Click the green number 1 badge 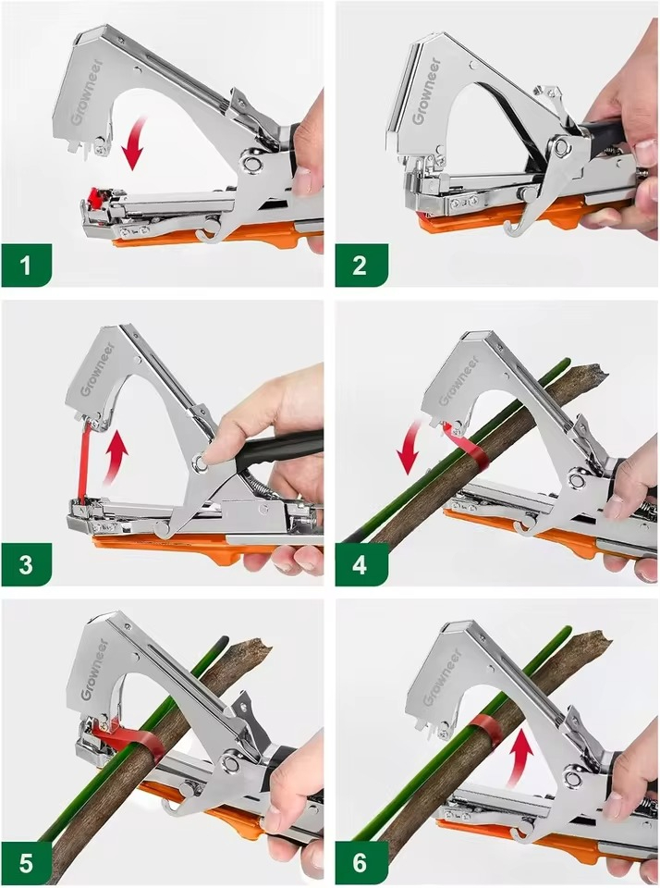point(26,265)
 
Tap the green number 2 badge point(361,265)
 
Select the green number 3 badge point(26,564)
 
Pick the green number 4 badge point(361,564)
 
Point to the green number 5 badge point(26,864)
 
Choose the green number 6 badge point(361,864)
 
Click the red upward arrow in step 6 point(519,758)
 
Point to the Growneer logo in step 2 point(425,91)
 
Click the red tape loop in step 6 point(486,731)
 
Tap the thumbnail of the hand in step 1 point(302,180)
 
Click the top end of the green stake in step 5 point(224,640)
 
